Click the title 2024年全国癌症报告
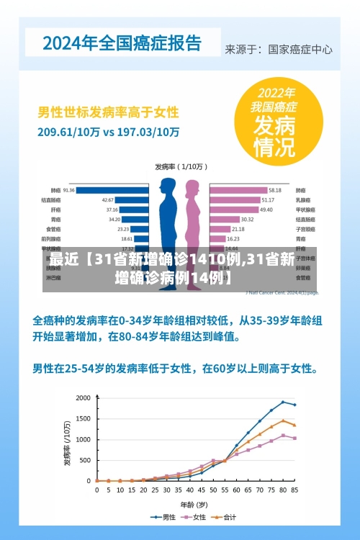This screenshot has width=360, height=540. click(122, 42)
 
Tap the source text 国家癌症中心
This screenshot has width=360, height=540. click(300, 50)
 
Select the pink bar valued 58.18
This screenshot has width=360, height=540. click(238, 190)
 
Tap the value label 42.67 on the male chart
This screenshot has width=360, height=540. click(107, 199)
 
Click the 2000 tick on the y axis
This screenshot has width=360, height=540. click(84, 397)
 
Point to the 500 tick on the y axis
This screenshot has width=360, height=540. click(86, 460)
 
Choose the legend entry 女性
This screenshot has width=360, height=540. click(195, 517)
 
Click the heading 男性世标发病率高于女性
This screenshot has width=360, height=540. click(108, 113)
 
